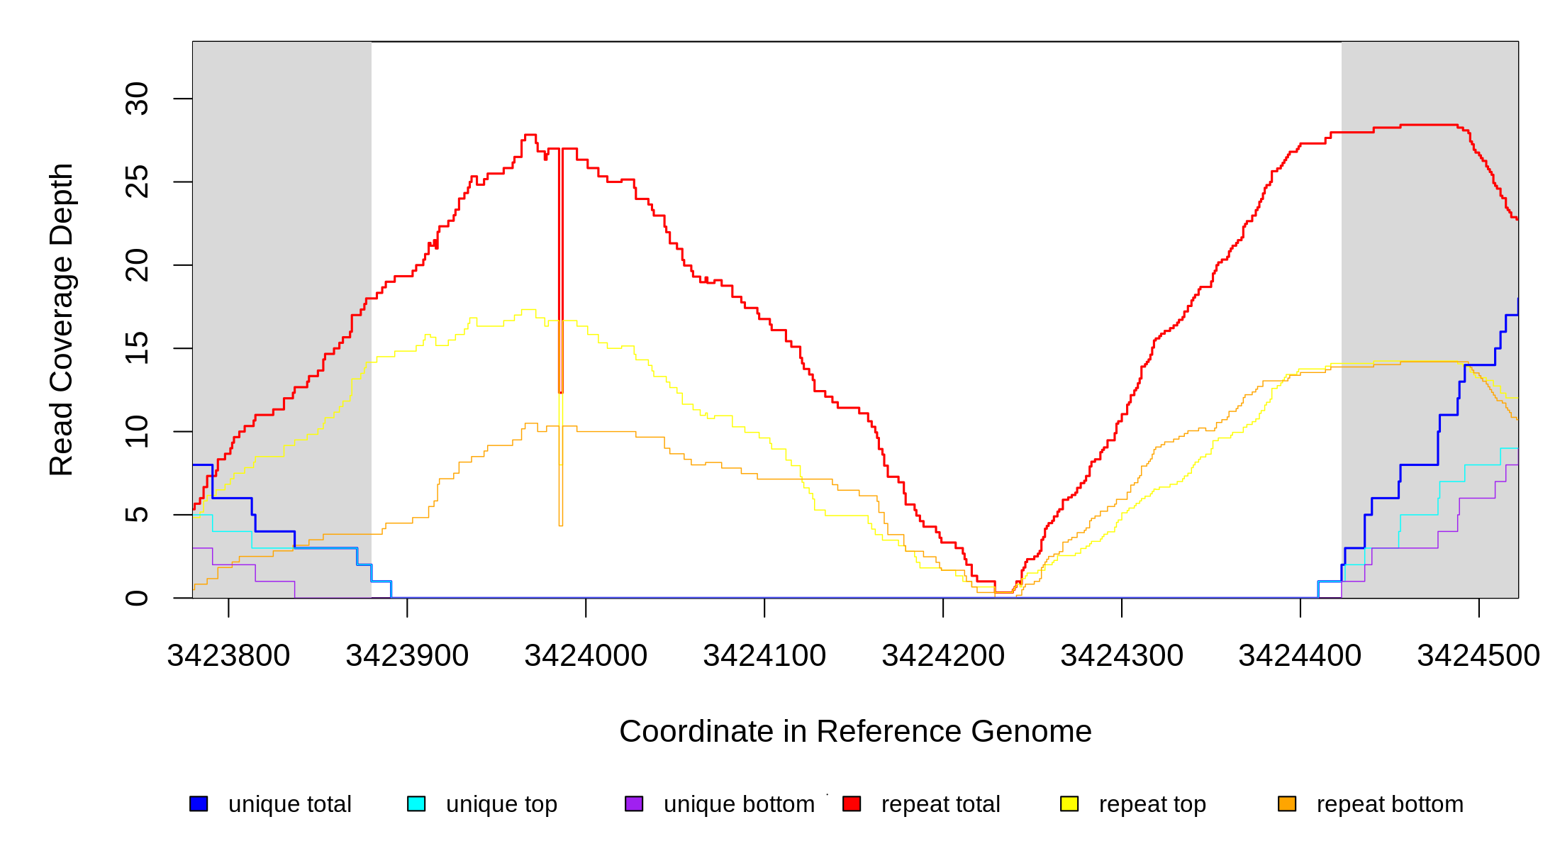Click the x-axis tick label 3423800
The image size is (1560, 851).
[x=228, y=656]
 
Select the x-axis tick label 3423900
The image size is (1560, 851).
[x=407, y=656]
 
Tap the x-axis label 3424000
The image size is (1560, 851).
[x=586, y=656]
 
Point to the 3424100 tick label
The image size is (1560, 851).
[x=764, y=656]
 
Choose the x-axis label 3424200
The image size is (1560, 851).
[x=943, y=656]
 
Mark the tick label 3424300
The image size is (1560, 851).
[x=1122, y=656]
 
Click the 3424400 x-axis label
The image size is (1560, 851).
[x=1300, y=656]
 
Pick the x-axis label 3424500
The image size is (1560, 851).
[x=1478, y=656]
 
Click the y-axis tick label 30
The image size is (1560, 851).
[x=137, y=99]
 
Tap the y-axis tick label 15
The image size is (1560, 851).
[x=137, y=348]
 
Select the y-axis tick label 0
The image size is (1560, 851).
[x=137, y=598]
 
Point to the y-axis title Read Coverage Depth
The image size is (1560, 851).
[x=62, y=319]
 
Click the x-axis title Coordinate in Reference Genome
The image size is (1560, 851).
[x=855, y=731]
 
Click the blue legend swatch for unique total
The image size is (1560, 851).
[x=199, y=803]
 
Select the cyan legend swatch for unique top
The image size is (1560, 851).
[x=416, y=803]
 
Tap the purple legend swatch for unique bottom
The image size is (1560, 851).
[x=634, y=803]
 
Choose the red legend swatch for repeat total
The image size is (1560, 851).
[x=852, y=803]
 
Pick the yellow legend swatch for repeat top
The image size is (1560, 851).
[x=1069, y=803]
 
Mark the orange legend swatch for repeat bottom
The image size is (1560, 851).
[x=1287, y=803]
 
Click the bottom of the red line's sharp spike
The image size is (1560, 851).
[x=561, y=391]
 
